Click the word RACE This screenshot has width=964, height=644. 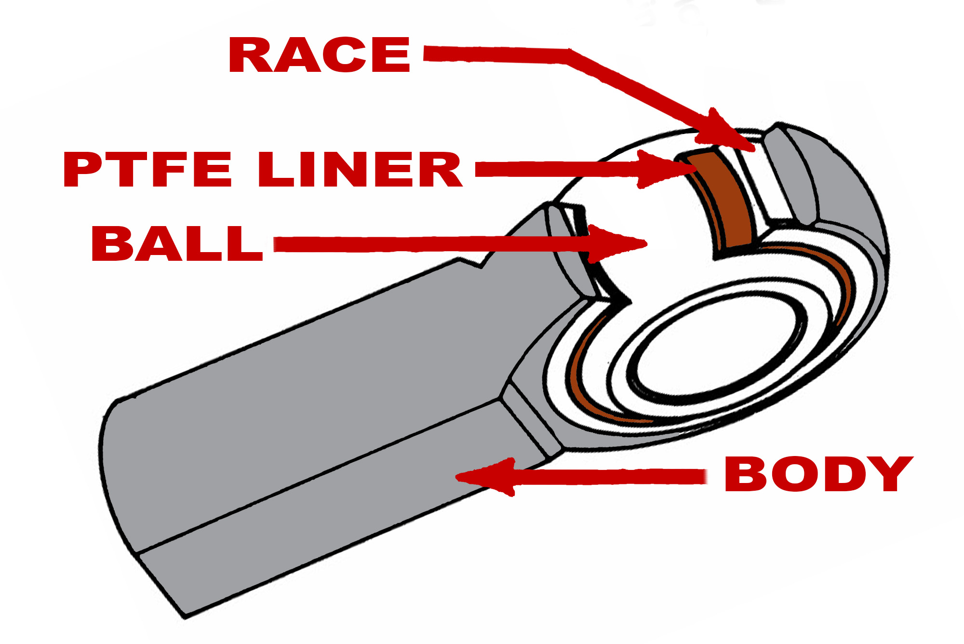[x=320, y=55]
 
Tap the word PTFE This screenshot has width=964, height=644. [x=147, y=169]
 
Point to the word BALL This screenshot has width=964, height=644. [x=177, y=244]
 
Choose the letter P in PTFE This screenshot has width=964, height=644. [x=83, y=169]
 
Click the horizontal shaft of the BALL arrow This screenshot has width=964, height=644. [x=431, y=244]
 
